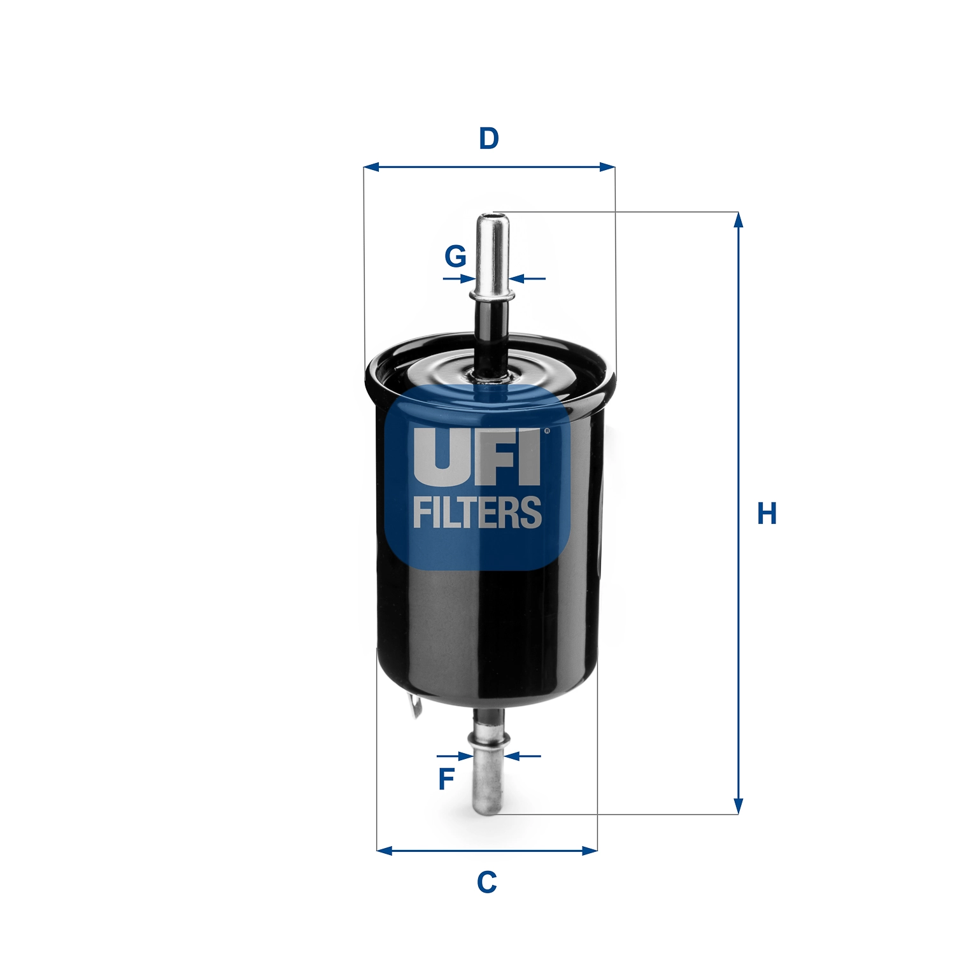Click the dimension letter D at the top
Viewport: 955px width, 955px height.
[488, 139]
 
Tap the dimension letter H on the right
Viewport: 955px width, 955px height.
[767, 514]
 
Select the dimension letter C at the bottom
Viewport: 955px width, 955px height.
[487, 882]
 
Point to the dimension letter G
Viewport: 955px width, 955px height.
[455, 257]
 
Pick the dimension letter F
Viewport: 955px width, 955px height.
[447, 779]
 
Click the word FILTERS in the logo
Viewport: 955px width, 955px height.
[478, 513]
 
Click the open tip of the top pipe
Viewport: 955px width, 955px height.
[493, 217]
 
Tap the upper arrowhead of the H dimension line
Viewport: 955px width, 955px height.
[738, 220]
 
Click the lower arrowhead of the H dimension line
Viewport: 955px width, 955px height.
[738, 806]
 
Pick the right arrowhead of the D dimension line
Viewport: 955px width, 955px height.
[607, 167]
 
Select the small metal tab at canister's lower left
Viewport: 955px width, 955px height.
[416, 706]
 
